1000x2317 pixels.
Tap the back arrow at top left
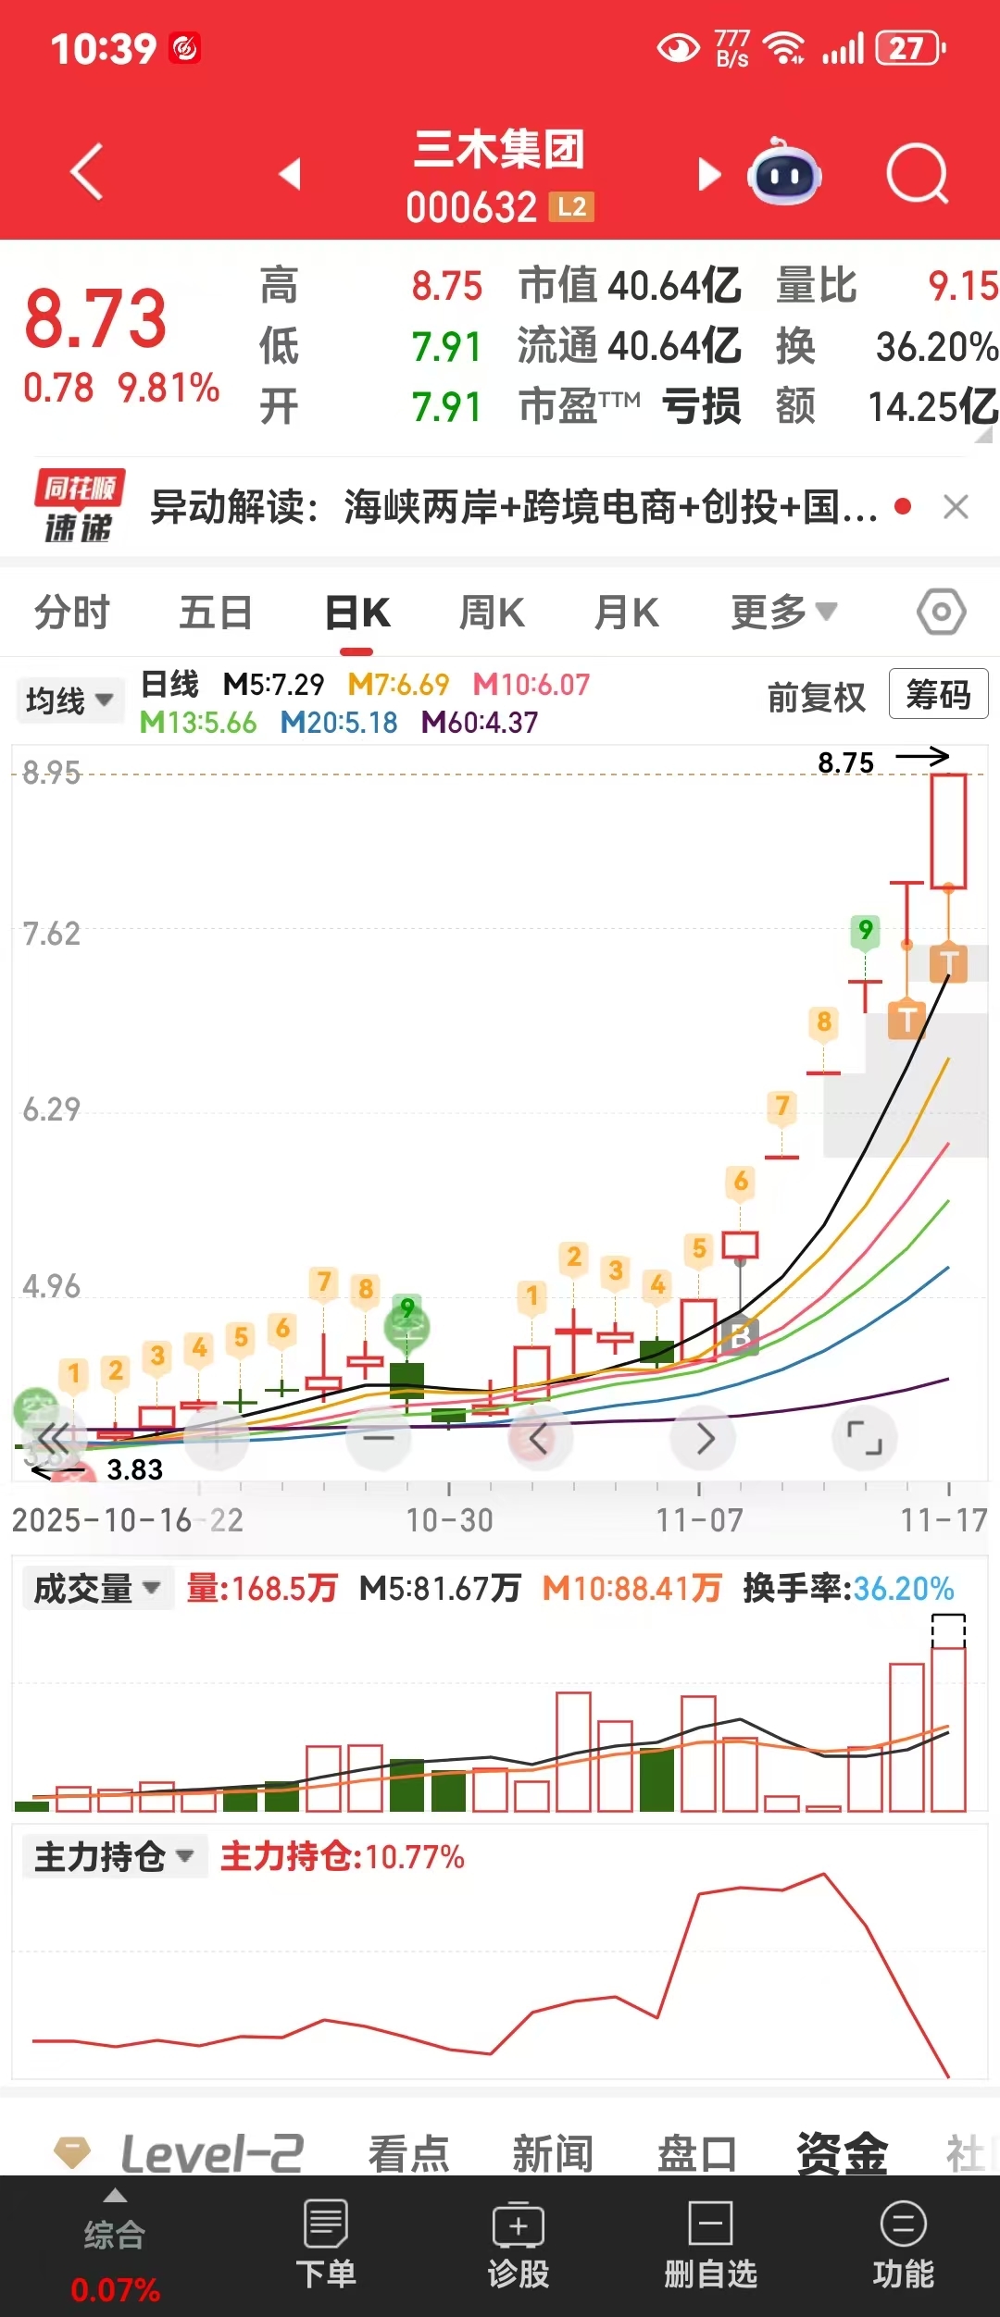coord(87,172)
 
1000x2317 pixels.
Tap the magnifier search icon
coord(917,173)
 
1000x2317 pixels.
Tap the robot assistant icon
coord(784,173)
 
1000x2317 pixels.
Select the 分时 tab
coord(71,613)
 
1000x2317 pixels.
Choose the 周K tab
coord(492,613)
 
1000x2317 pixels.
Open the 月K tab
coord(627,613)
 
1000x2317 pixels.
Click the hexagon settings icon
coord(941,612)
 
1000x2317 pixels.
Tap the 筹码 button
coord(938,694)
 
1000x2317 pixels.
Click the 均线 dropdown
coord(69,700)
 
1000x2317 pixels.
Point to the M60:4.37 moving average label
coord(480,723)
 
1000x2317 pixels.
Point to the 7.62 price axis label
coord(52,935)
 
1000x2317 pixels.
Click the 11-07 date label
coord(699,1520)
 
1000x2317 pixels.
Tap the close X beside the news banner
coord(956,507)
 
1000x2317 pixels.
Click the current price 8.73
coord(95,319)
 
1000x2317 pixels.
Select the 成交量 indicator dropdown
coord(97,1589)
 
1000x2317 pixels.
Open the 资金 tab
coord(842,2152)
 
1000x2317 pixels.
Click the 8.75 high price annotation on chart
coord(845,763)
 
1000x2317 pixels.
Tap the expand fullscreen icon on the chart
coord(865,1438)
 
